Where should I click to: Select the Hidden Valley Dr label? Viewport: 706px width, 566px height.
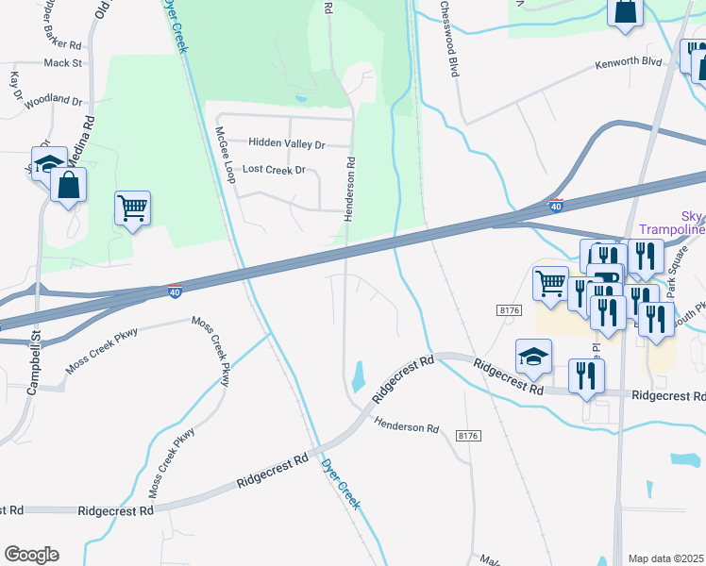[x=286, y=144]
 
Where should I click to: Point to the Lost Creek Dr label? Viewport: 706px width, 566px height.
[x=274, y=171]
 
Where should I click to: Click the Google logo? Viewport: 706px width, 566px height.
[x=31, y=555]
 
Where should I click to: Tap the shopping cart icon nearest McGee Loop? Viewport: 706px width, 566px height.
[x=132, y=208]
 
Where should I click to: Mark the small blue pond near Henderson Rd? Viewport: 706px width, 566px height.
[x=359, y=376]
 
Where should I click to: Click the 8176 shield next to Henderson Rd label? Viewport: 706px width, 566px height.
[x=467, y=435]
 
